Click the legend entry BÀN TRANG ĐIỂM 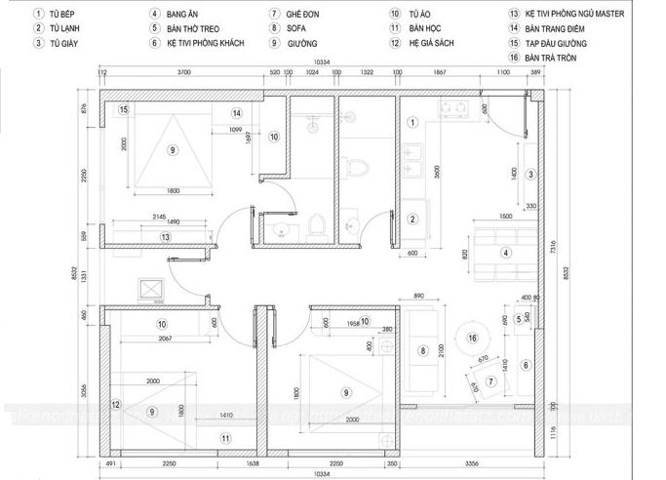(x=553, y=29)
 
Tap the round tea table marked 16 (x=472, y=338)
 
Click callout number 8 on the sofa (x=423, y=350)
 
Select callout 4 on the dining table (x=505, y=253)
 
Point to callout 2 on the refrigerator (x=412, y=219)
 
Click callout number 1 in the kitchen (x=412, y=122)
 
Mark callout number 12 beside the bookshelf (x=115, y=404)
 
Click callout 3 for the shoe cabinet (x=529, y=175)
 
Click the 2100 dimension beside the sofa (x=441, y=350)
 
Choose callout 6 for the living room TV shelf (x=525, y=366)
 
